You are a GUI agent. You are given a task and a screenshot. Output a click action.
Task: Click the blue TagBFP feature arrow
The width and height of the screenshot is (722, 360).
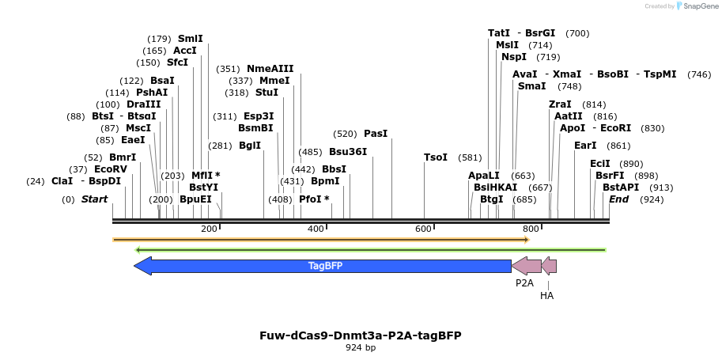pyautogui.click(x=324, y=266)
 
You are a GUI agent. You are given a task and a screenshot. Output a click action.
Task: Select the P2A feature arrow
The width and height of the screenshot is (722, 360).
pyautogui.click(x=526, y=266)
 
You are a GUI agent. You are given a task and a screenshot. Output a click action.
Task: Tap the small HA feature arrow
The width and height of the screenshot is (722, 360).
pyautogui.click(x=549, y=266)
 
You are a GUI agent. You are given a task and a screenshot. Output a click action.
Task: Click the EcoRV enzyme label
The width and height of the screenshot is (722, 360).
pyautogui.click(x=111, y=169)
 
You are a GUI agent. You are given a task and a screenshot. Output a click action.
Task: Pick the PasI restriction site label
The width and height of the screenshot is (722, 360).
pyautogui.click(x=376, y=134)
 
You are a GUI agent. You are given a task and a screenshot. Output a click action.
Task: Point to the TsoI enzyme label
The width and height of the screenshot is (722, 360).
pyautogui.click(x=436, y=157)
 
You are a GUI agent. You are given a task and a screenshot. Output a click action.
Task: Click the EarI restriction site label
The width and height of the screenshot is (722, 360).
pyautogui.click(x=585, y=146)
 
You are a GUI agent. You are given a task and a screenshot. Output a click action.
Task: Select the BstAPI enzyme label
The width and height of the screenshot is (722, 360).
pyautogui.click(x=621, y=188)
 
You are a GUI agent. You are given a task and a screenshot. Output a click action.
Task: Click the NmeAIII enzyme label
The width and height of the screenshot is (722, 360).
pyautogui.click(x=270, y=69)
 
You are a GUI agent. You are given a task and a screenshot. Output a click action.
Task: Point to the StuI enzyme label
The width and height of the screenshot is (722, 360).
pyautogui.click(x=266, y=93)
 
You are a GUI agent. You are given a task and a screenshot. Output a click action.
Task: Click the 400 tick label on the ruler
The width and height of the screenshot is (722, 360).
pyautogui.click(x=316, y=229)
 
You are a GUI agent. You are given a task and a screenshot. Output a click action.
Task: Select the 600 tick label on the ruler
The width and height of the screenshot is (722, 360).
pyautogui.click(x=423, y=229)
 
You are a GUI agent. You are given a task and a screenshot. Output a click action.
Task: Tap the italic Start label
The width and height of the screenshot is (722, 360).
pyautogui.click(x=94, y=199)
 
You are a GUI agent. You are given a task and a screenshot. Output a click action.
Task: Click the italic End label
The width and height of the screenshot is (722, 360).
pyautogui.click(x=618, y=199)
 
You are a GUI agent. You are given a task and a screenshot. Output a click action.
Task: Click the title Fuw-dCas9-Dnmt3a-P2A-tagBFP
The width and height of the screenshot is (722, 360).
pyautogui.click(x=361, y=335)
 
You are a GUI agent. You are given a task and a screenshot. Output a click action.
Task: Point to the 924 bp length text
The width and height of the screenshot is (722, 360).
pyautogui.click(x=361, y=347)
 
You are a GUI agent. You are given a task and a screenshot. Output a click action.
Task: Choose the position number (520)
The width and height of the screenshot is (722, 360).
pyautogui.click(x=346, y=134)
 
